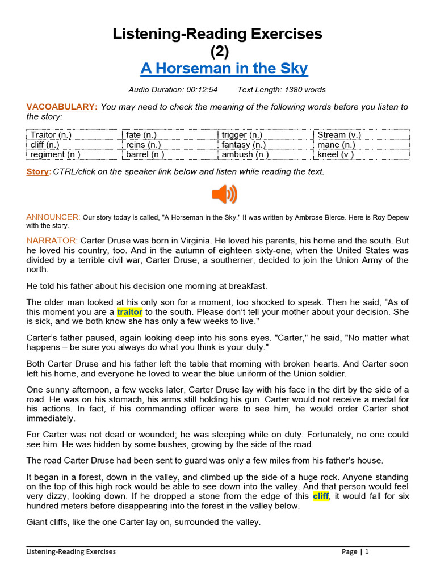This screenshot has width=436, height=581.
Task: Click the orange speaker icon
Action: tap(224, 195)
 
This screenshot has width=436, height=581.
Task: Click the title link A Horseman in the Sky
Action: tap(224, 69)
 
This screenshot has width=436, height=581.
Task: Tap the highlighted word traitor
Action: tap(129, 312)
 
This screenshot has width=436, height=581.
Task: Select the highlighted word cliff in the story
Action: tap(321, 496)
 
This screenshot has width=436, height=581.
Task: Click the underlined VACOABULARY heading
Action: tap(62, 107)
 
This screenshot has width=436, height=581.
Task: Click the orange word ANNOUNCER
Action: tap(53, 217)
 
